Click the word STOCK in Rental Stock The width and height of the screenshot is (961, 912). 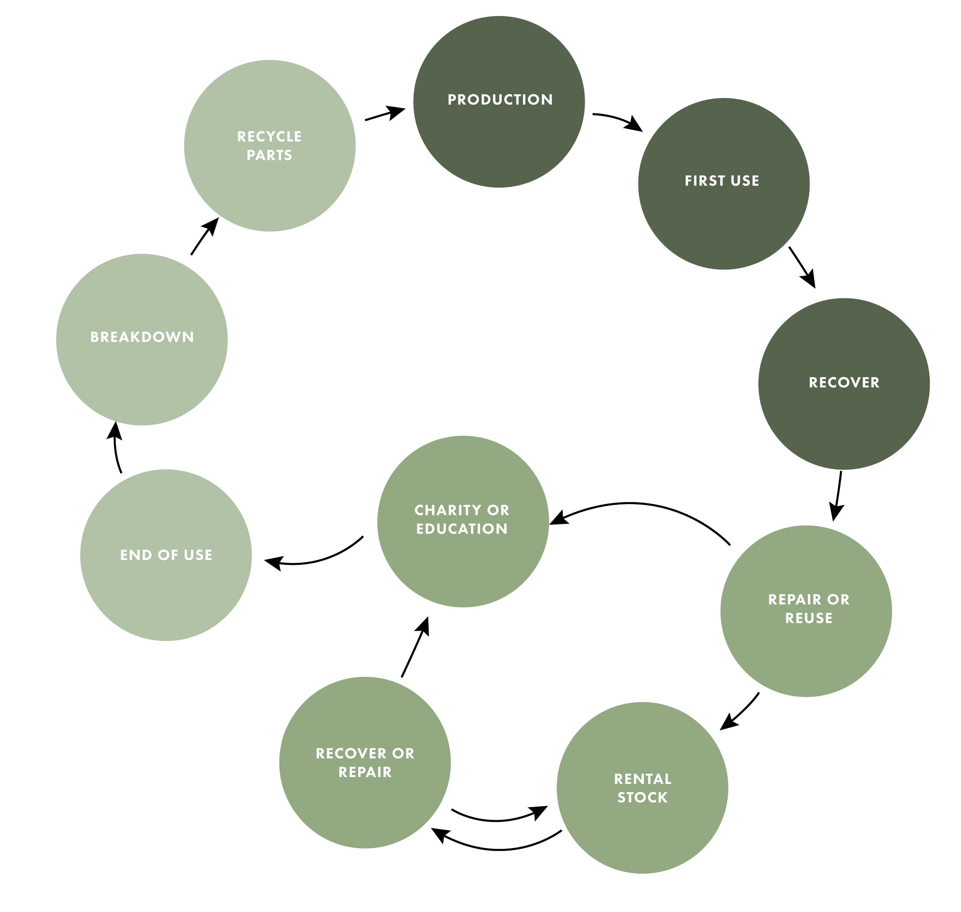(642, 798)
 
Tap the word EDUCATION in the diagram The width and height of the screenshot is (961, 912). (462, 529)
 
